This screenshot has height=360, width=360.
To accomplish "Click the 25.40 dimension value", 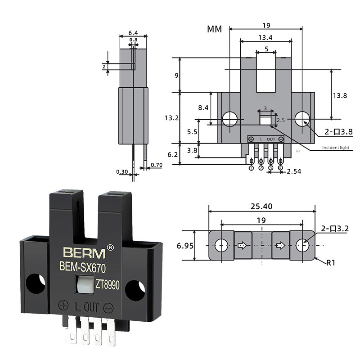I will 262,207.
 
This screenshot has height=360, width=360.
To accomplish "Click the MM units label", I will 215,30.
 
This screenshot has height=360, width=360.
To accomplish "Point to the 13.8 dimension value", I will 340,95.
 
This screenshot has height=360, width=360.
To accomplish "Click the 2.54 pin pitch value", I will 294,171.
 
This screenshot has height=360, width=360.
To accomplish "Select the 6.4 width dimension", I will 133,33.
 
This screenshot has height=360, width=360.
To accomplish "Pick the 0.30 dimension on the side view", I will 121,171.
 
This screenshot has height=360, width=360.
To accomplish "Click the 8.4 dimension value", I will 203,108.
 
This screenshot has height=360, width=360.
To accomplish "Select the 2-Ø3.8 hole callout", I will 339,132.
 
